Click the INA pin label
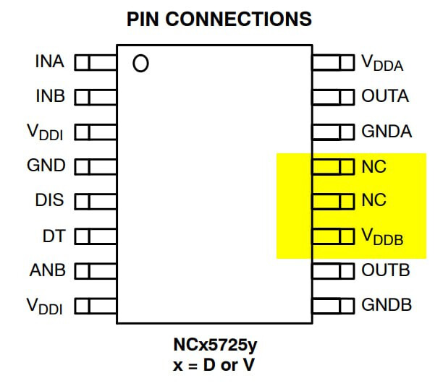[x=49, y=62]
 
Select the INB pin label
[x=49, y=97]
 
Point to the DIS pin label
[x=49, y=200]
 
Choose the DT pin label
[x=53, y=235]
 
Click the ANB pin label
[x=48, y=270]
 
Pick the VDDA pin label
[x=382, y=64]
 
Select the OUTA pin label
[x=385, y=97]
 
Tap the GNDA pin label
[x=387, y=132]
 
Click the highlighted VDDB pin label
[x=382, y=237]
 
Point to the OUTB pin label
[x=385, y=270]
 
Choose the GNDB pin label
[x=387, y=305]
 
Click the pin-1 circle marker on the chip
[x=140, y=64]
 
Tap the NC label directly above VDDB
[x=374, y=200]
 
